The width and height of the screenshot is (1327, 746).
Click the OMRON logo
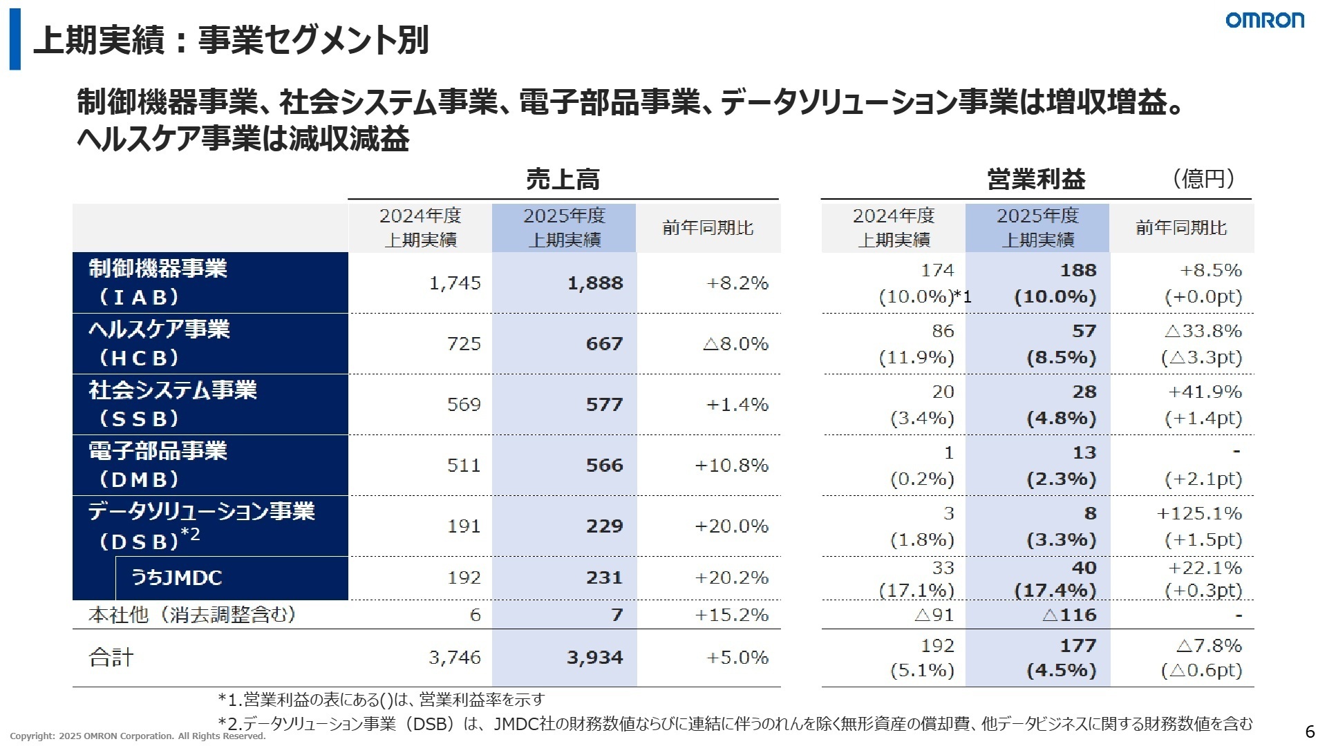tap(1264, 20)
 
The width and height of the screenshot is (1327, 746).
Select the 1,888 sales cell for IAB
tap(594, 283)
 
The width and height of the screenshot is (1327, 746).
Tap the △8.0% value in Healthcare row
tap(735, 344)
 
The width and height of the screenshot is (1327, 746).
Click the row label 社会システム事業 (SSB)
tap(173, 404)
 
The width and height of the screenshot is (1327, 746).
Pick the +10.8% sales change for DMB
tap(731, 466)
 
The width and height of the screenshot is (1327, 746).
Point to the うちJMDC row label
tap(177, 577)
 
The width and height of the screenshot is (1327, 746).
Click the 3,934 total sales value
tap(594, 658)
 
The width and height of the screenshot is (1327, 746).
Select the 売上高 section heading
tap(563, 180)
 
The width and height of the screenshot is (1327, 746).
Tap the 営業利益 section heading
tap(1035, 180)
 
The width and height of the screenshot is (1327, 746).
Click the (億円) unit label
tap(1203, 179)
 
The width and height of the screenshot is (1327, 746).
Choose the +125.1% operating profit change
tap(1199, 513)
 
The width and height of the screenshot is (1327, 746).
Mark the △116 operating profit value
tap(1069, 615)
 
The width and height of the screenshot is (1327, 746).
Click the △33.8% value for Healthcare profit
tap(1203, 331)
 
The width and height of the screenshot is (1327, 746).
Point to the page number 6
tap(1309, 732)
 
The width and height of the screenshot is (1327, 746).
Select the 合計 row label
tap(111, 658)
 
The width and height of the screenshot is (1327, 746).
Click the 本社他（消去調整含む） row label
tap(192, 615)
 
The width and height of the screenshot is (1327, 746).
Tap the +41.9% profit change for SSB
tap(1205, 392)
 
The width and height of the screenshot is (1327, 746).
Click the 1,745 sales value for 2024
tap(455, 283)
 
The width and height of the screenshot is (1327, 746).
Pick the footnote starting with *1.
tap(381, 700)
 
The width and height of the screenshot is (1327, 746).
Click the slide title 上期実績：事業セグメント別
tap(231, 40)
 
